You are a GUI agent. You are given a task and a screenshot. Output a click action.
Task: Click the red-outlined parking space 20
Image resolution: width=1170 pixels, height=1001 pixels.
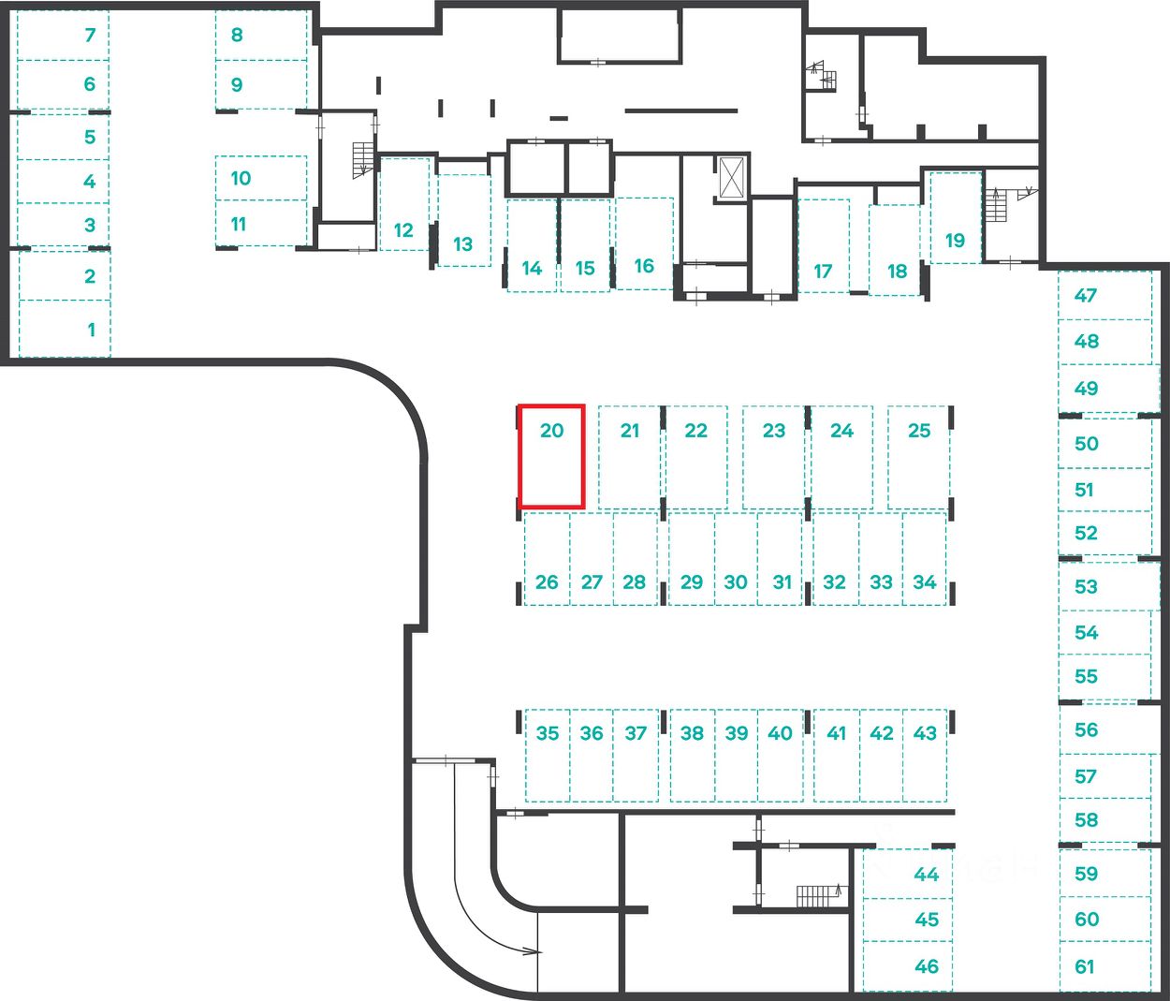552,456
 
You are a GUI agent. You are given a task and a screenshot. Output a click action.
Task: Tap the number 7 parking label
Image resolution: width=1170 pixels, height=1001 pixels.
90,35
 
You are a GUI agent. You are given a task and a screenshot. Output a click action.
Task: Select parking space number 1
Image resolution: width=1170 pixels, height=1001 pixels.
66,329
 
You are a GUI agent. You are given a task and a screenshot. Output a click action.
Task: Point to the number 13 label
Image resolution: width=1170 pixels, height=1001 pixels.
463,244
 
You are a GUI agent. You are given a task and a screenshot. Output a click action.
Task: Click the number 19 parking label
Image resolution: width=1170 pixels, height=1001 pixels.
955,240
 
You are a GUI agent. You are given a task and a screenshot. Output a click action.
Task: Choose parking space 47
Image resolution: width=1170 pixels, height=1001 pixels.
1105,295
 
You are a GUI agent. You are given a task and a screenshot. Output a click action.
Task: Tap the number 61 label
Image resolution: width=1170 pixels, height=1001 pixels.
1085,966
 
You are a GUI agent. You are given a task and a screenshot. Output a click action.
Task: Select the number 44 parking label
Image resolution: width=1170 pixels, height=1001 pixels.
927,875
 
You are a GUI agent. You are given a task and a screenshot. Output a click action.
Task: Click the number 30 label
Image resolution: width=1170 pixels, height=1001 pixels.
736,582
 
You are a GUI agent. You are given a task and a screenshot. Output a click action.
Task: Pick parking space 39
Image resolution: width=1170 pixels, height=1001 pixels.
737,755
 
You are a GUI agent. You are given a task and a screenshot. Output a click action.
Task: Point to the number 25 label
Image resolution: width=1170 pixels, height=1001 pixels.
919,431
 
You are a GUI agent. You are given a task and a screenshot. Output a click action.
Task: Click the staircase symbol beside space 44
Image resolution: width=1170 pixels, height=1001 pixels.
816,896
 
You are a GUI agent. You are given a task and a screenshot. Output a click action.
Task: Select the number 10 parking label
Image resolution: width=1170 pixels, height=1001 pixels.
241,178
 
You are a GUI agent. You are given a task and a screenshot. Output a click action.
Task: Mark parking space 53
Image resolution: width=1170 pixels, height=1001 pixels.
1105,586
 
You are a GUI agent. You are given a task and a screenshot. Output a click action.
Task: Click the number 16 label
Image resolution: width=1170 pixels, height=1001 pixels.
644,266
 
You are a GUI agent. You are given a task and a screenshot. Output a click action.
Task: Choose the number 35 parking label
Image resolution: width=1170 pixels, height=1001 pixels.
548,733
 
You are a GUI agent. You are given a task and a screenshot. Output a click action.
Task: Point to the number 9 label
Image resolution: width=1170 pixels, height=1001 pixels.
237,85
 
